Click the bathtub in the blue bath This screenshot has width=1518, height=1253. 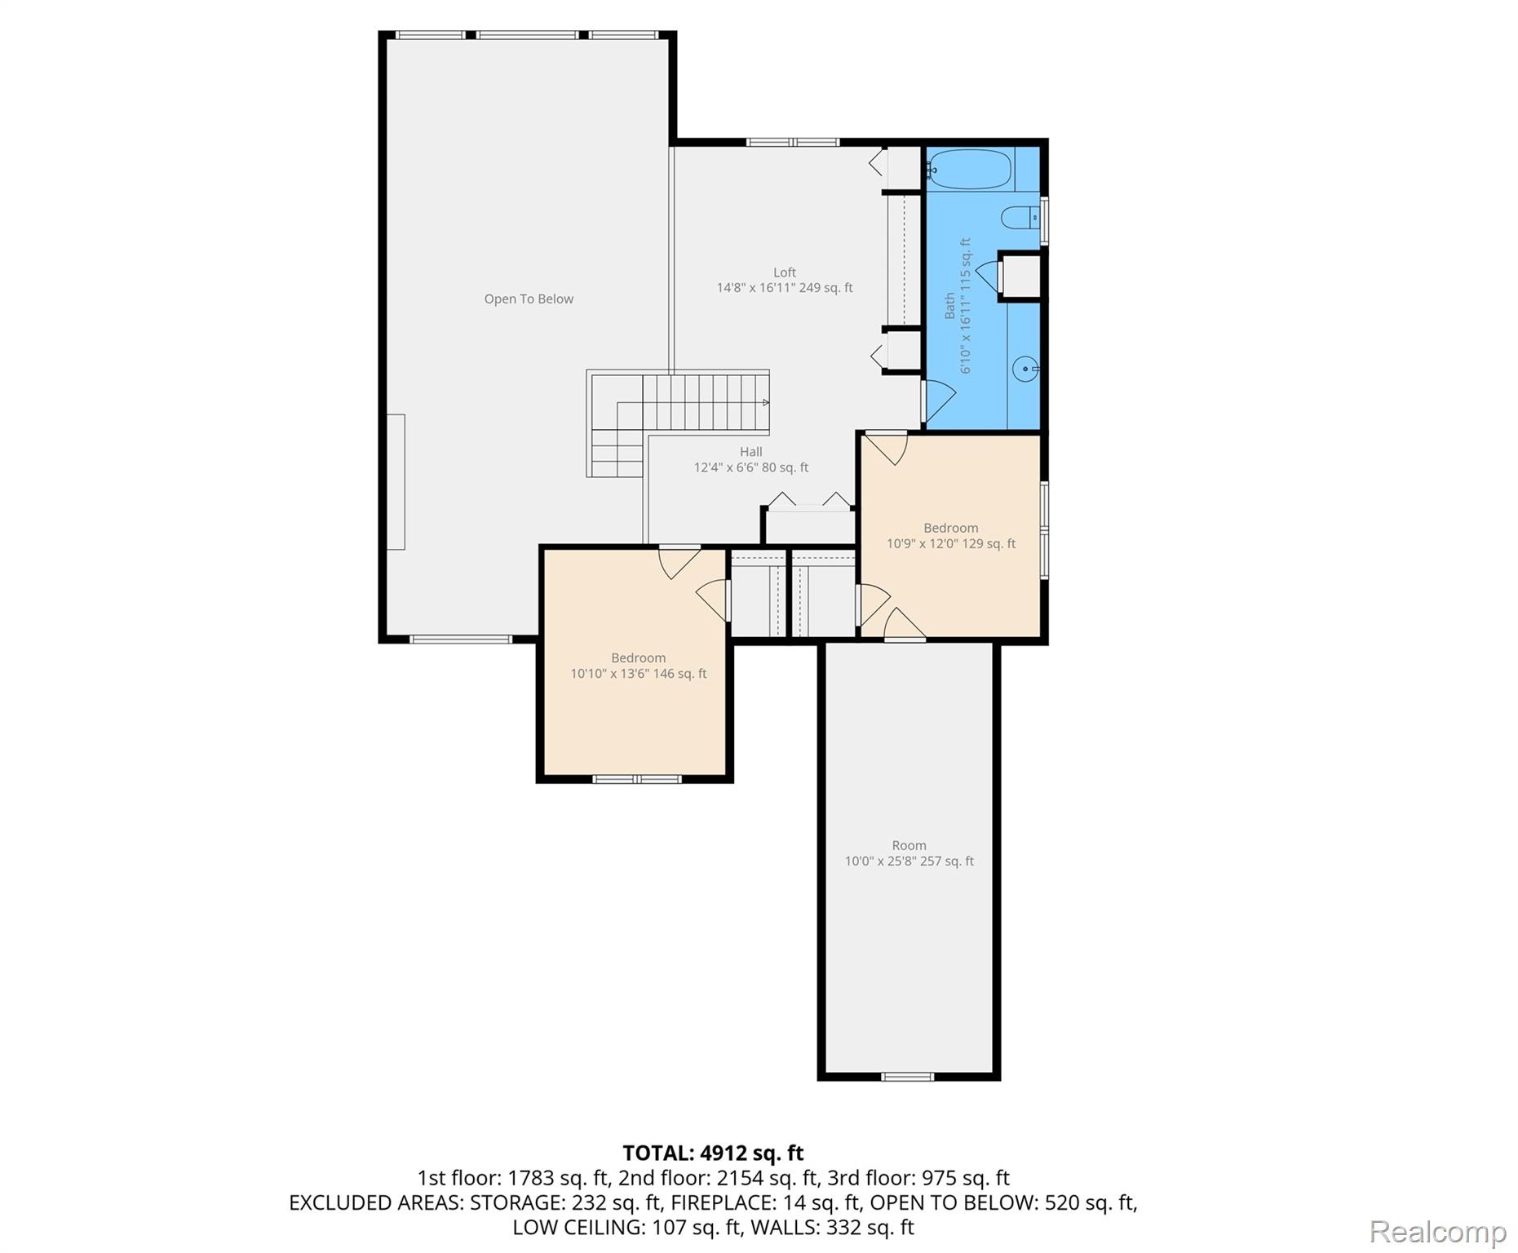[970, 170]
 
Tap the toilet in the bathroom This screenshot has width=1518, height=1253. [1018, 218]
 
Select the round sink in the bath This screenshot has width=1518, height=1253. [1025, 369]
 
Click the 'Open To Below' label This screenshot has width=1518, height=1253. [529, 299]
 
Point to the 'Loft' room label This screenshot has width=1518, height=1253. [785, 272]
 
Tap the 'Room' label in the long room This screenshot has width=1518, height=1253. [909, 845]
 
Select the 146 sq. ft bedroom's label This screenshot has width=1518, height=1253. [638, 657]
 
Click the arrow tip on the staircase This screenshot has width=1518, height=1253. [765, 402]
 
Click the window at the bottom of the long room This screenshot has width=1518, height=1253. [908, 1077]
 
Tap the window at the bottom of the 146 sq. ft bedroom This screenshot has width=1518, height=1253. [637, 779]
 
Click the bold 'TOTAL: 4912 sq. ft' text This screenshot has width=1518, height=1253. [713, 1153]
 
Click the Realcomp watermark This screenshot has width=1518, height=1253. [1437, 1232]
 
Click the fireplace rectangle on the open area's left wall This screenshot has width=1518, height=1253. [396, 481]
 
